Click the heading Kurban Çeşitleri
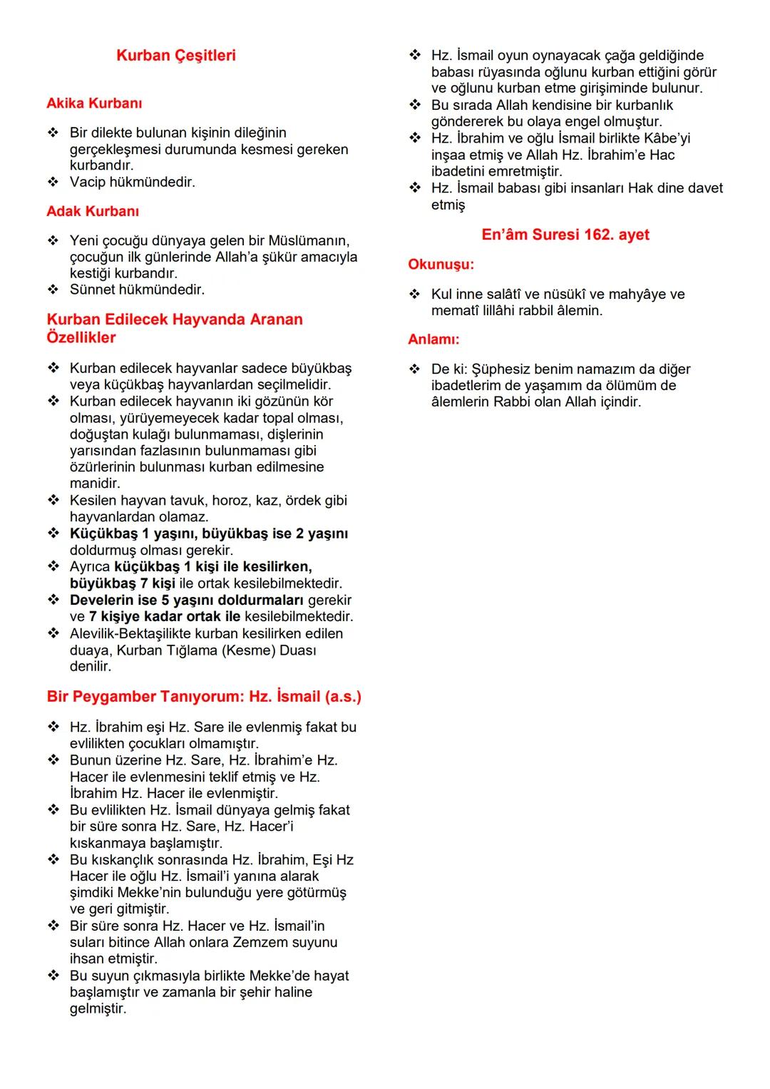175,56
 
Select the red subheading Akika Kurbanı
94,103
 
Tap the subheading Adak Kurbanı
93,211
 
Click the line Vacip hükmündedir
132,182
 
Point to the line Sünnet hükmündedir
137,290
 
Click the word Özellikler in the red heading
81,337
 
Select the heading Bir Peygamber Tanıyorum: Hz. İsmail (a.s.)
204,697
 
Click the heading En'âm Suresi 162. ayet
565,235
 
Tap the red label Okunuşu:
441,265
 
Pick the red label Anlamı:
433,339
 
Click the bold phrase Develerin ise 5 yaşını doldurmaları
187,600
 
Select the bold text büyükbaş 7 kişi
122,583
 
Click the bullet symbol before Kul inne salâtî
415,294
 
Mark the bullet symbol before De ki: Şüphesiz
415,369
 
